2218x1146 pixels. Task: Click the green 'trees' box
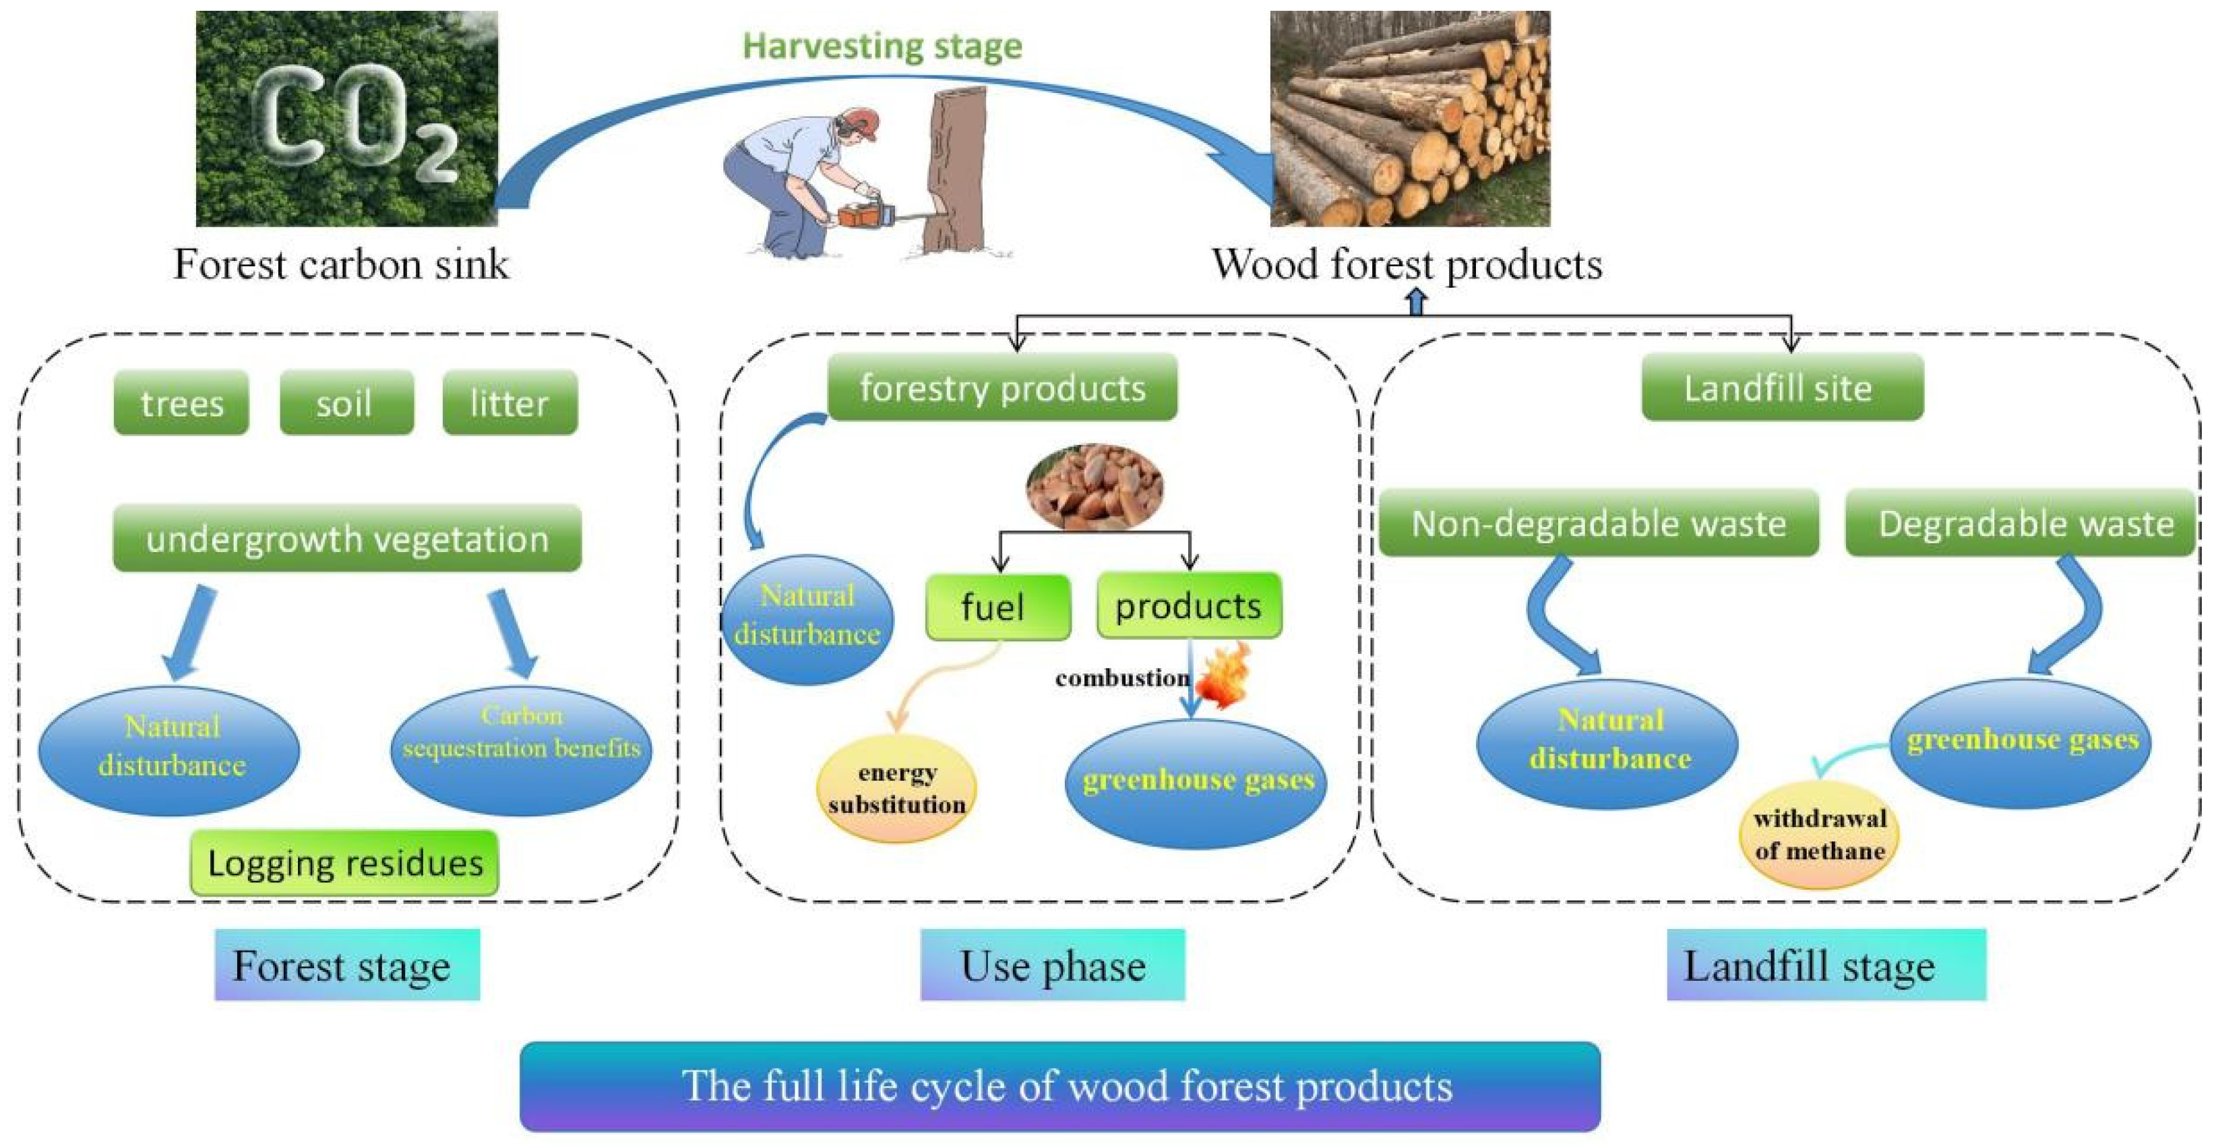[181, 403]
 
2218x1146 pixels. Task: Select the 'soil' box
[346, 403]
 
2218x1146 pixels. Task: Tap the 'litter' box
[510, 403]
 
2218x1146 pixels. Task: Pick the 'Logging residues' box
[344, 863]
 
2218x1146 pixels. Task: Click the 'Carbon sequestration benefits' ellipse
[522, 749]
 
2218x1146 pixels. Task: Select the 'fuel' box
[997, 607]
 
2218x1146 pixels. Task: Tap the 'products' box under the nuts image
[1188, 606]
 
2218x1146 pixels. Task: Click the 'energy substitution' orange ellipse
[896, 789]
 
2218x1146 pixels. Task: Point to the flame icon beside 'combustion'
[1223, 677]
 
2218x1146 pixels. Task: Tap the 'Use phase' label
[1052, 965]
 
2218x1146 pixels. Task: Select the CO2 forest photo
[346, 119]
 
